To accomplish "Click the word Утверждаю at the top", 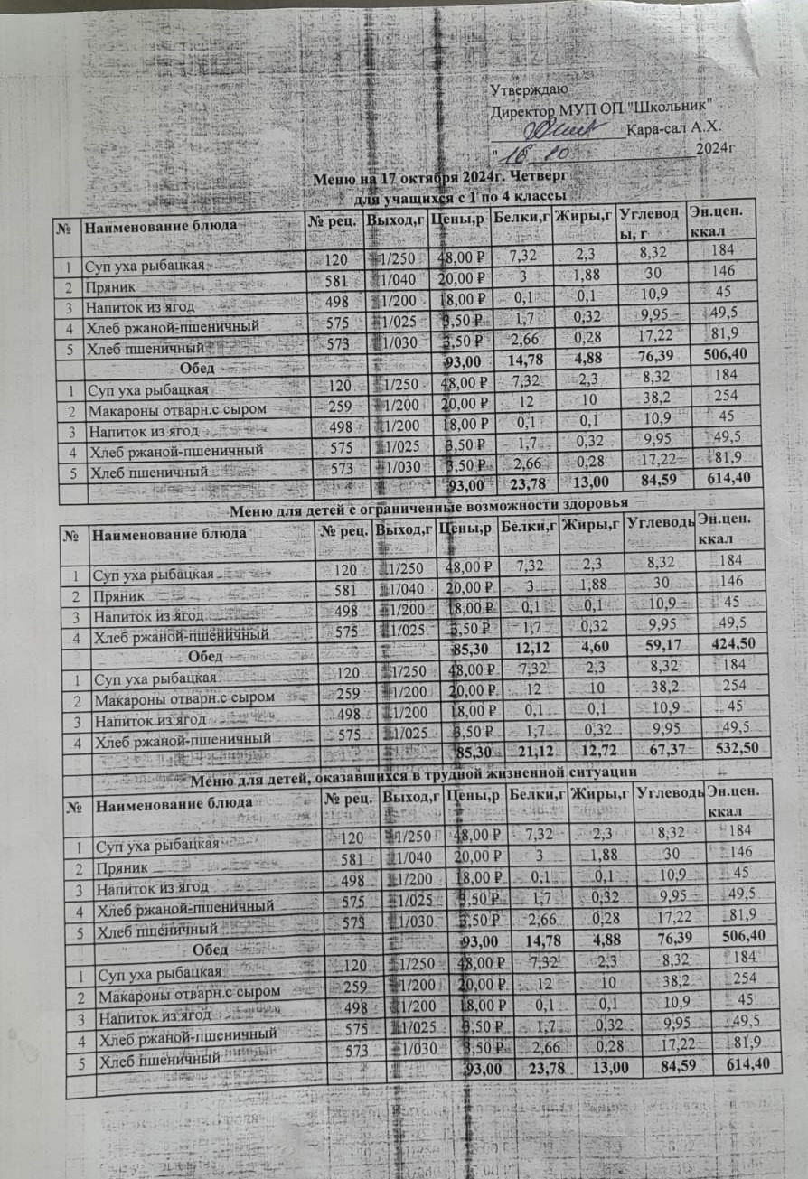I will tap(529, 90).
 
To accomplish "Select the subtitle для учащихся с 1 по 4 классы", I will tap(458, 195).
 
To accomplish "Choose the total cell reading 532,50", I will tap(739, 748).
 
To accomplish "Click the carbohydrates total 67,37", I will tap(666, 747).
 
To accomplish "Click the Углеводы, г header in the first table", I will tap(649, 222).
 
